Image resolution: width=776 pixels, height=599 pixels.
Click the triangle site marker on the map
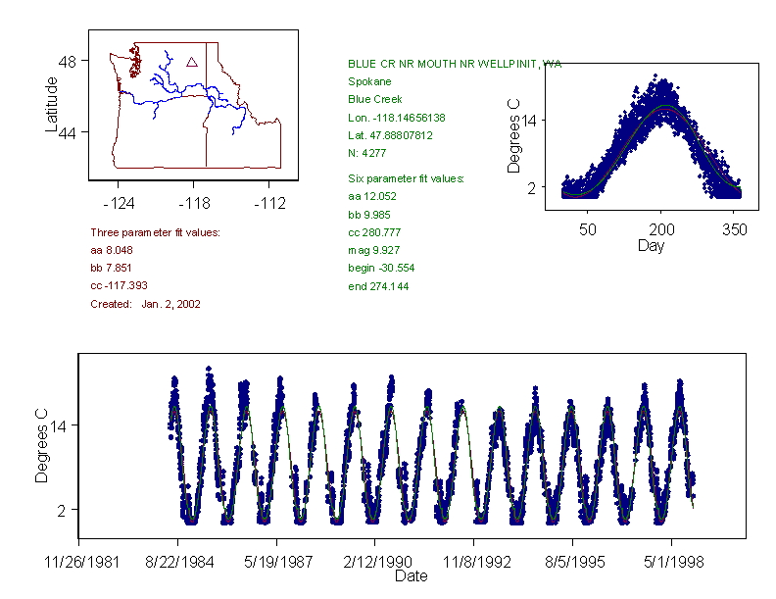pos(192,62)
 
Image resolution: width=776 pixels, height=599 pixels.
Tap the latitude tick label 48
pos(71,61)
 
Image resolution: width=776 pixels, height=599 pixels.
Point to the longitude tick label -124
pos(119,204)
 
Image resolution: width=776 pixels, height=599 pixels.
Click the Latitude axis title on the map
pos(52,105)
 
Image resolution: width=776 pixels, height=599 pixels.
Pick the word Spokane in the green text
pos(369,81)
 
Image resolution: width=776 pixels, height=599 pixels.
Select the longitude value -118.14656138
pos(396,118)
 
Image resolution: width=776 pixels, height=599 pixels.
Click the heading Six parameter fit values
pos(406,178)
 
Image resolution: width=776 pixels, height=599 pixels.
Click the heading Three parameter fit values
pos(155,232)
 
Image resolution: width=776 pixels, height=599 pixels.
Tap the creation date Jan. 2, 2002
pos(170,304)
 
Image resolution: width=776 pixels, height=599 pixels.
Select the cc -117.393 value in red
pos(119,286)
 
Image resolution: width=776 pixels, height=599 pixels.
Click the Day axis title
pos(651,246)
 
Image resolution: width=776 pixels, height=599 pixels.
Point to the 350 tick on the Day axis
pos(735,229)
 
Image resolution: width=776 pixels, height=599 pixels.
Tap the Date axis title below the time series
pos(411,576)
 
